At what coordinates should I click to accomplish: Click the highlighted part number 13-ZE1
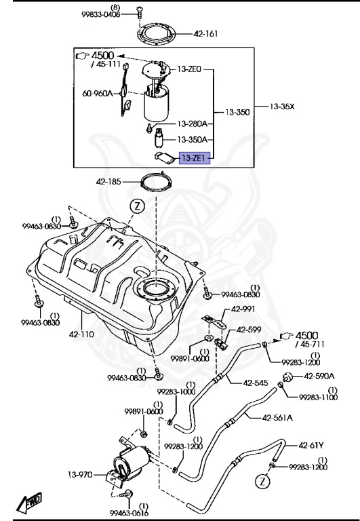(x=195, y=159)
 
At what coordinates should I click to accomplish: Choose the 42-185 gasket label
(x=111, y=182)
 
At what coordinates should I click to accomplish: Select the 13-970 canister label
(x=81, y=476)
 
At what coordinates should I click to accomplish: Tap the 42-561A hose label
(x=278, y=417)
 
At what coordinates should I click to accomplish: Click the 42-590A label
(x=319, y=376)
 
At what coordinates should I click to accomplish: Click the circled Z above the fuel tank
(x=138, y=205)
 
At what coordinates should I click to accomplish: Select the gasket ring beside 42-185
(x=155, y=182)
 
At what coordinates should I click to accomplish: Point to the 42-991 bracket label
(x=241, y=308)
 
